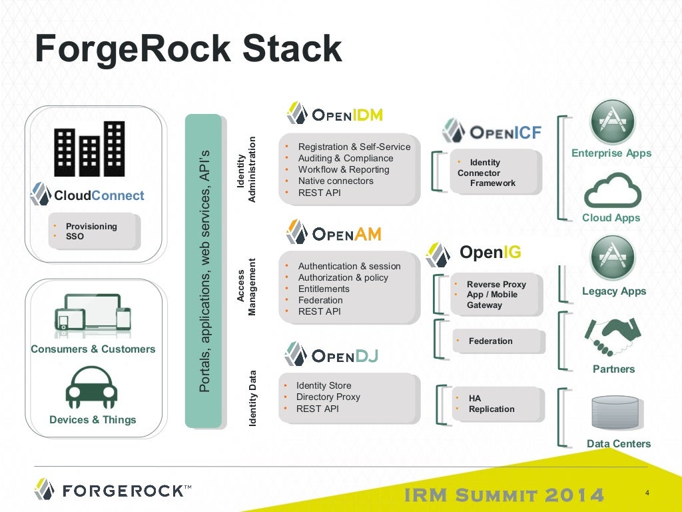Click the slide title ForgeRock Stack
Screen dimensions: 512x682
[x=188, y=49]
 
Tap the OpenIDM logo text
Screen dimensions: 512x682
[x=347, y=115]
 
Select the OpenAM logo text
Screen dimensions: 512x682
[x=346, y=234]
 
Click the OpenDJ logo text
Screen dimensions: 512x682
[x=344, y=355]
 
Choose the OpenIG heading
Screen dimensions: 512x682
[x=490, y=252]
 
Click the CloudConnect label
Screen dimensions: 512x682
[x=99, y=195]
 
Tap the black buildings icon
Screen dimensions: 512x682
[x=91, y=149]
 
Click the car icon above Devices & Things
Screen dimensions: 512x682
[x=92, y=387]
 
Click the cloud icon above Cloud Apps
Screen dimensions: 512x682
[x=612, y=191]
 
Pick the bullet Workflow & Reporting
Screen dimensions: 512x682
[x=344, y=169]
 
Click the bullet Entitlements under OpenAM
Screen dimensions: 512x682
[x=324, y=289]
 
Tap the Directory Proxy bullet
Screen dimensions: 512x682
[x=328, y=397]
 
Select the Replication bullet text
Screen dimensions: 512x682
[x=492, y=409]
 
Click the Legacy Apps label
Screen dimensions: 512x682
[x=613, y=291]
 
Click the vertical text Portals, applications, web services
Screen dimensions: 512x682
[x=204, y=271]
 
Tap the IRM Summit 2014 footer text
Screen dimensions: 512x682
[x=504, y=495]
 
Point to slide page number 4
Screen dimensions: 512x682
[x=647, y=493]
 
